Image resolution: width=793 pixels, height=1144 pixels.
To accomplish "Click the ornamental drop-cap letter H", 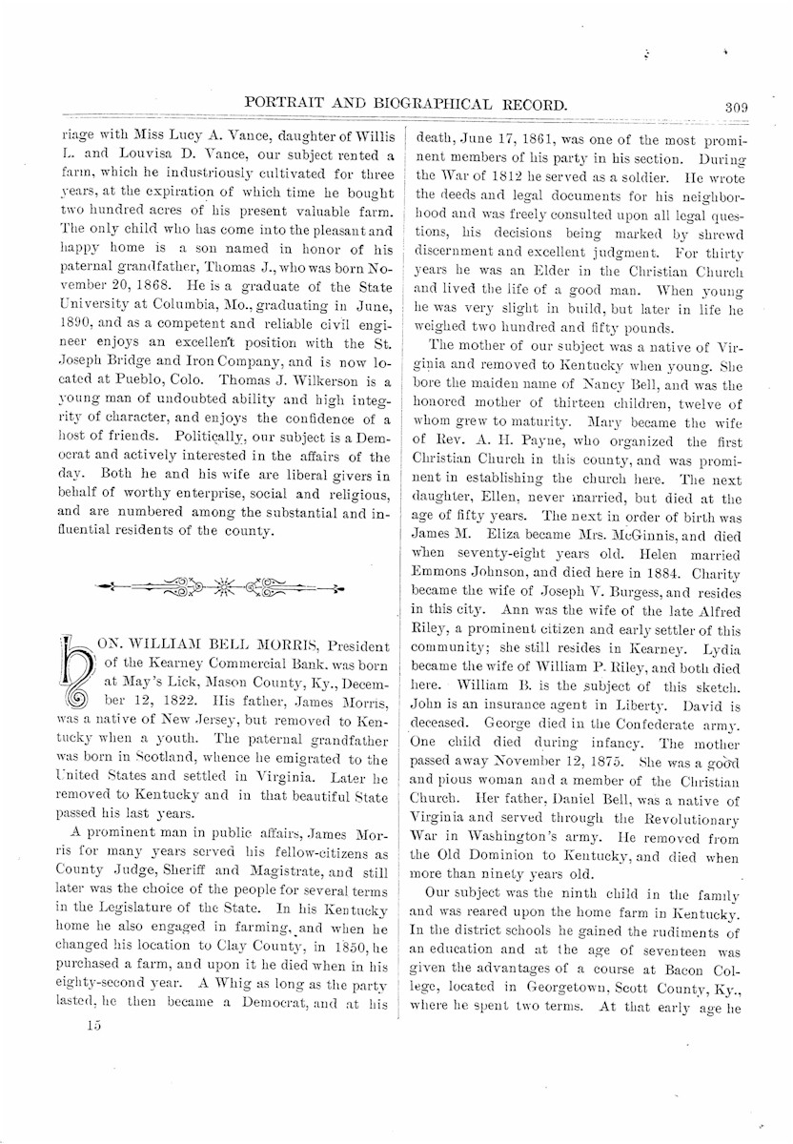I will pyautogui.click(x=71, y=679).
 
